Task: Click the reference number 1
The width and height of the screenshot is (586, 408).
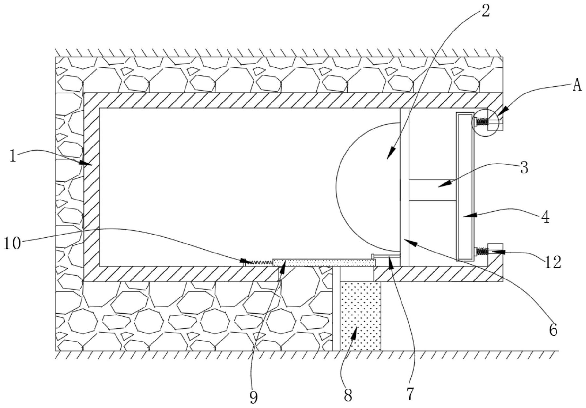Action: (x=13, y=157)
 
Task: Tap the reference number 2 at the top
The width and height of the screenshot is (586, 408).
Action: (x=485, y=11)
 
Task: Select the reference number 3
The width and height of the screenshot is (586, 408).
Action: (x=524, y=168)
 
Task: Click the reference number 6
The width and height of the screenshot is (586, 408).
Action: (x=553, y=330)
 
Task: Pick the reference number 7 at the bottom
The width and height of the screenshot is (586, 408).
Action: (x=410, y=394)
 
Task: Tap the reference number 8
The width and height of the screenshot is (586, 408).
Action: (x=348, y=395)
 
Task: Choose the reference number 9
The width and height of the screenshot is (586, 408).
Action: (x=254, y=398)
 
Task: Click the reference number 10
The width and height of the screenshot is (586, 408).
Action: (x=12, y=243)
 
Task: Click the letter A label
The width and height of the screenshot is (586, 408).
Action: (x=577, y=86)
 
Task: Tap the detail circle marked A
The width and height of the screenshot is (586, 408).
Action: (x=485, y=122)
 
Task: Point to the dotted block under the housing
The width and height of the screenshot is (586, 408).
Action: (x=360, y=316)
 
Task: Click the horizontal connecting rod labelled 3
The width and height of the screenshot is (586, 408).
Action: (x=432, y=190)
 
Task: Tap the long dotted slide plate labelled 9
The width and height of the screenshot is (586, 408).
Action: (x=324, y=262)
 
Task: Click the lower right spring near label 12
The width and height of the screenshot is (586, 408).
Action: (x=481, y=251)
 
